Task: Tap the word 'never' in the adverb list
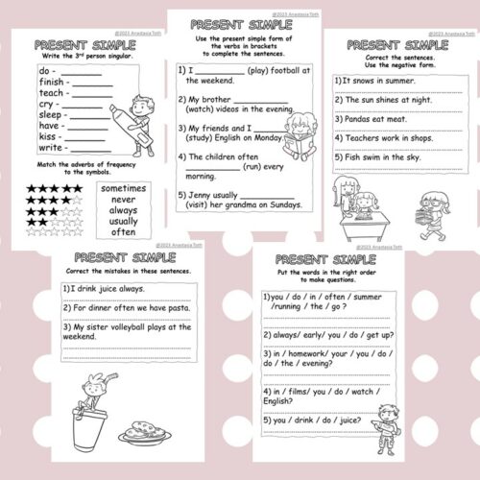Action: tap(124, 204)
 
